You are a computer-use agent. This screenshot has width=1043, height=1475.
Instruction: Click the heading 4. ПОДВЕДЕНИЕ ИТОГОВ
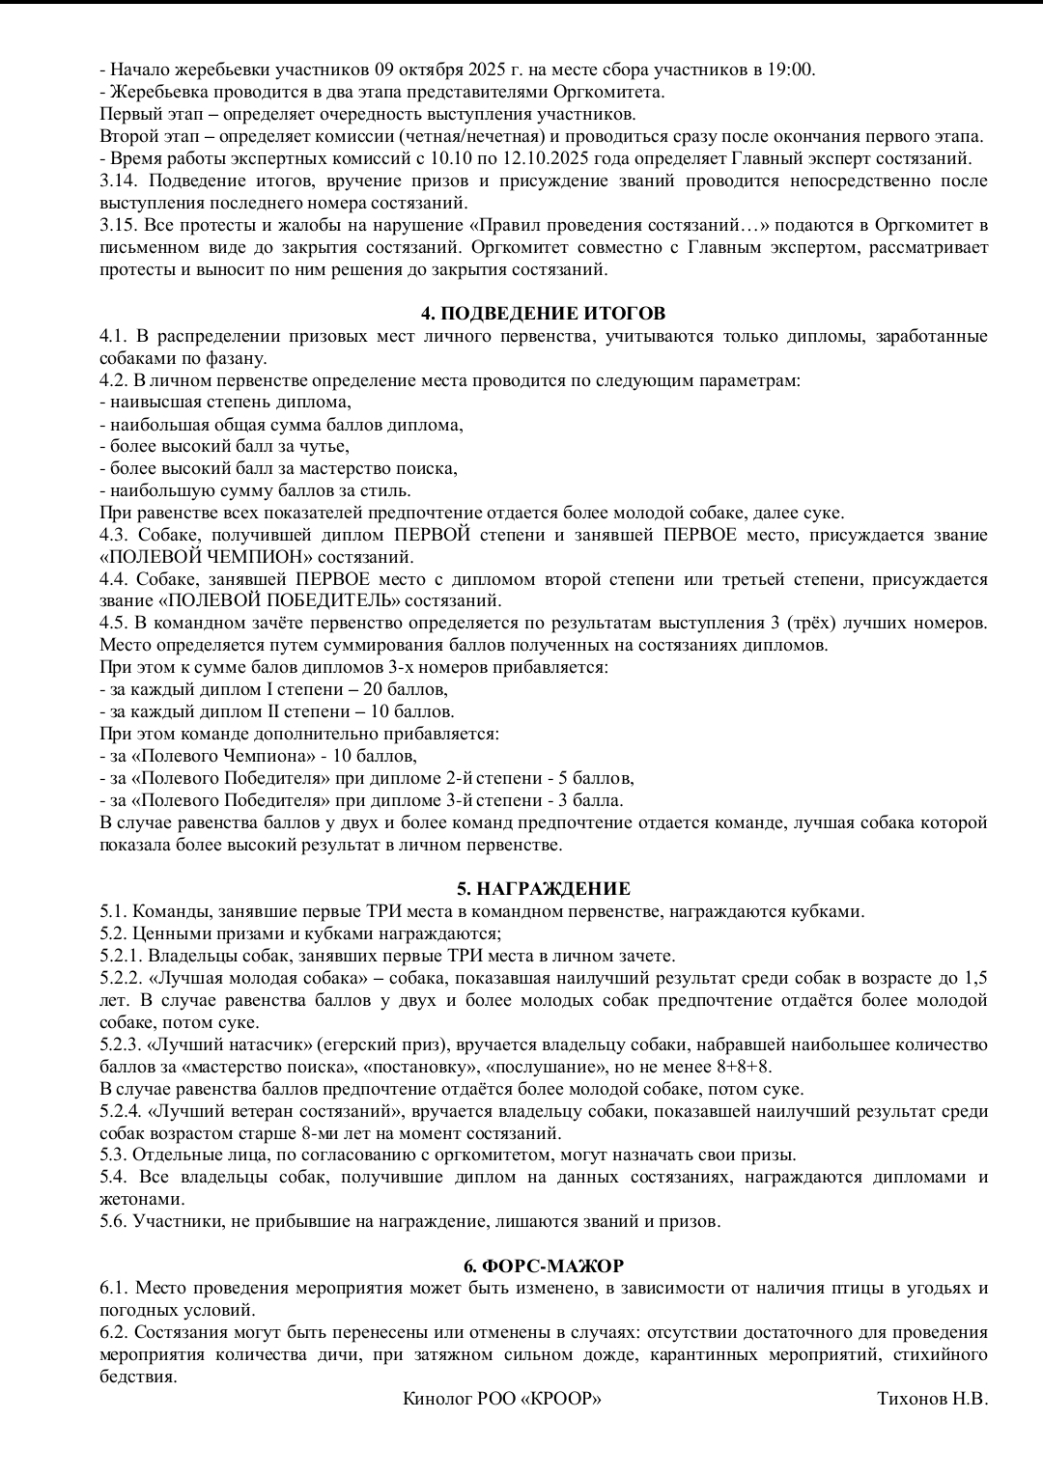coord(544,314)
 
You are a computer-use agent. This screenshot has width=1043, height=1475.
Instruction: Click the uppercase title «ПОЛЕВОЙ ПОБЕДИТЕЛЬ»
coord(245,601)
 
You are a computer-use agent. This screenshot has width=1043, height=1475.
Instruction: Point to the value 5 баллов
coord(594,778)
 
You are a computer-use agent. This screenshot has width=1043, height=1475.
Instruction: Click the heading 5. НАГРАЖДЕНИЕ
coord(544,889)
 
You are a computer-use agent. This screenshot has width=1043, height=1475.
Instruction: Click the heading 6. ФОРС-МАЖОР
coord(544,1266)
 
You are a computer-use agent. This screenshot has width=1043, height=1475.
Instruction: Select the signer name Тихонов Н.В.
coord(932,1399)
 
